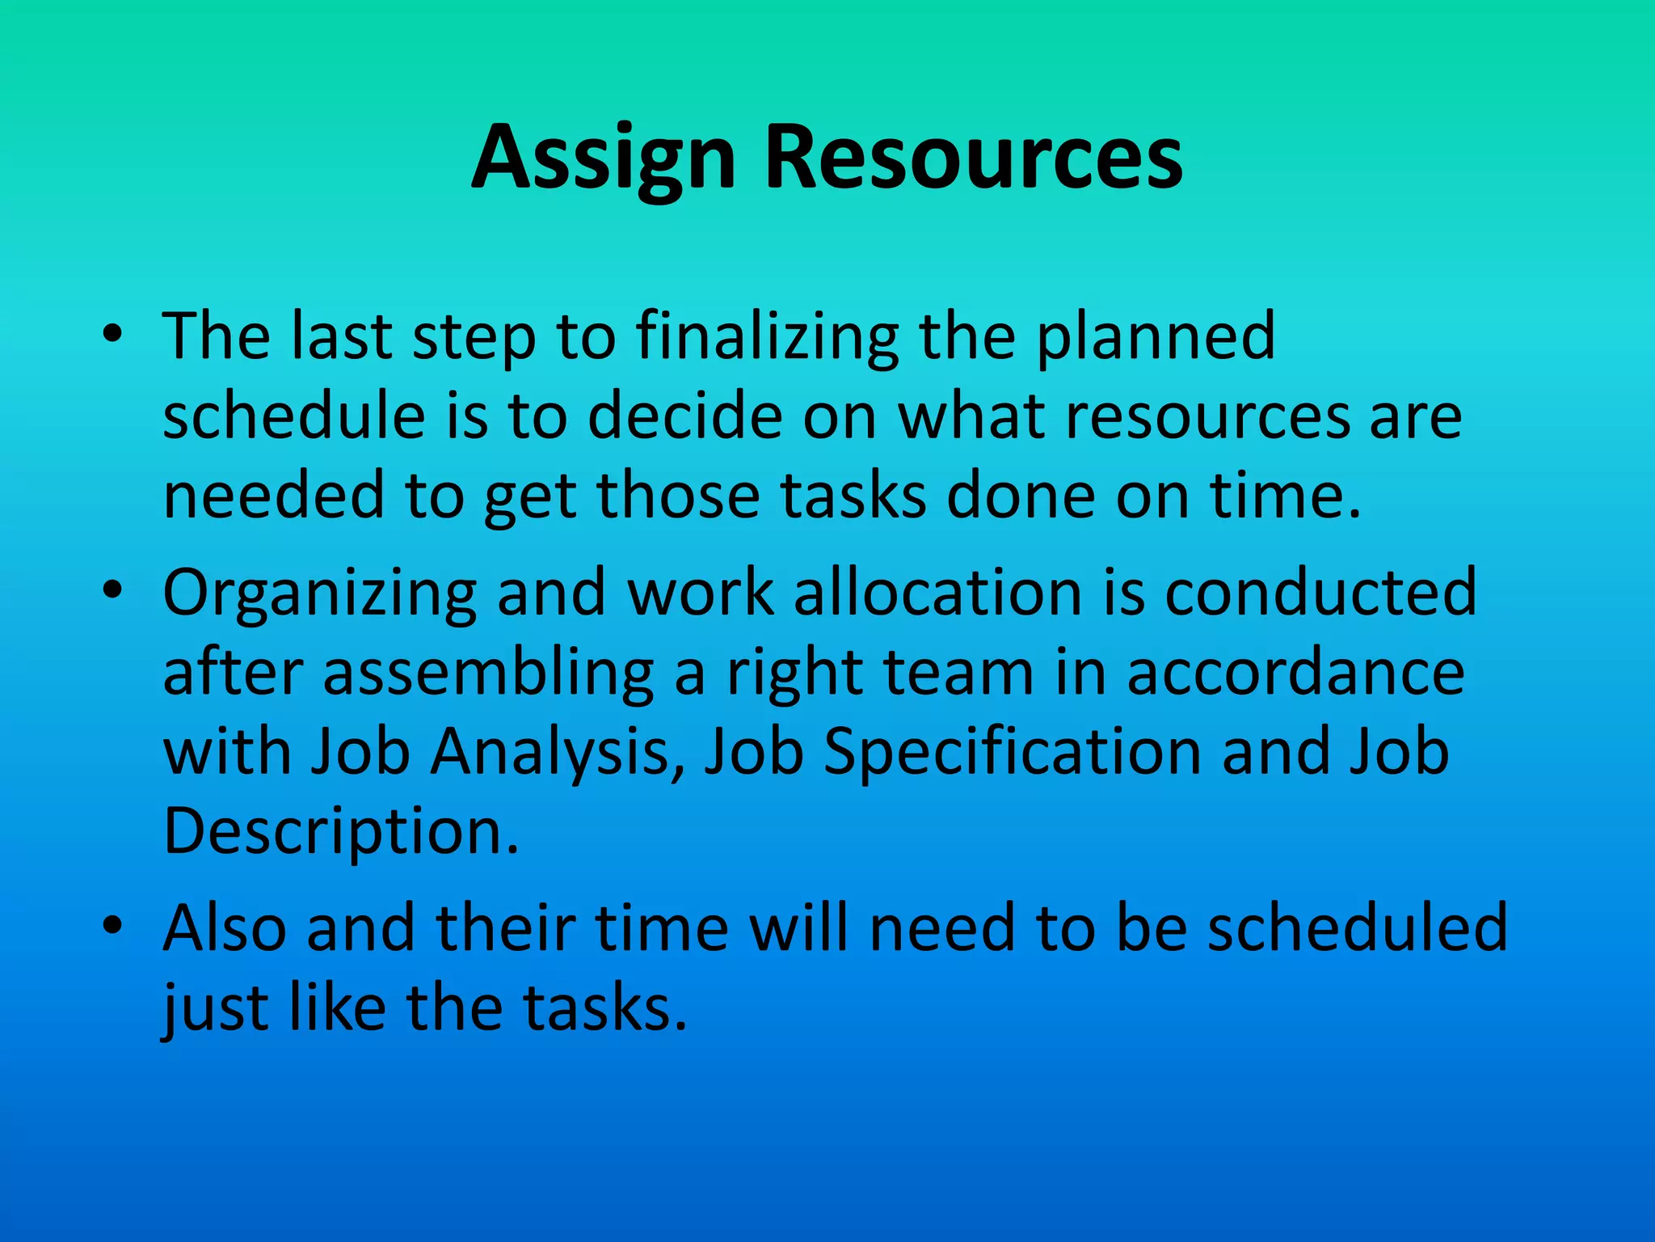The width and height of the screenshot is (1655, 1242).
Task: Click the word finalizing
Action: pyautogui.click(x=767, y=337)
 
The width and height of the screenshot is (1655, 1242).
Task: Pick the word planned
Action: pyautogui.click(x=1156, y=337)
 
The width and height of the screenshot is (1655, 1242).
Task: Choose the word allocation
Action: pyautogui.click(x=937, y=592)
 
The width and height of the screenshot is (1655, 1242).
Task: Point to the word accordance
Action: pyautogui.click(x=1295, y=673)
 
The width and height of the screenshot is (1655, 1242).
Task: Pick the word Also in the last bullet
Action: pyautogui.click(x=225, y=927)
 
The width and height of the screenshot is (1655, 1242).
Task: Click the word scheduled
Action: pyautogui.click(x=1358, y=927)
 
